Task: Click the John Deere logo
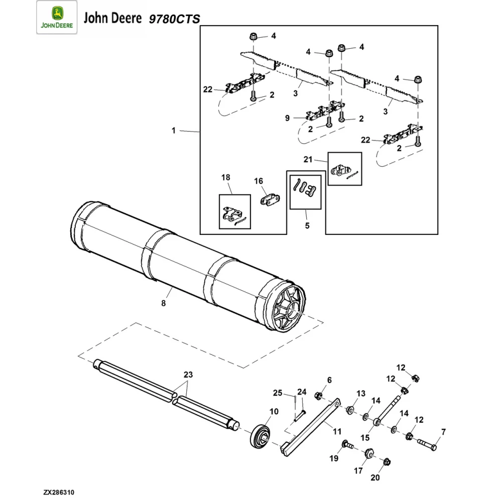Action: pyautogui.click(x=57, y=18)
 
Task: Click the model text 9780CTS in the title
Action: pyautogui.click(x=174, y=19)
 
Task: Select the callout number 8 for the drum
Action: pyautogui.click(x=163, y=303)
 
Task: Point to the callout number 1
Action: pyautogui.click(x=174, y=131)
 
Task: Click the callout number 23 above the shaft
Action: pyautogui.click(x=188, y=374)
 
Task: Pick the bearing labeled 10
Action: pyautogui.click(x=261, y=434)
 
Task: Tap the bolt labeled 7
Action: pyautogui.click(x=426, y=444)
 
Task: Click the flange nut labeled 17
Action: pyautogui.click(x=367, y=453)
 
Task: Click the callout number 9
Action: pyautogui.click(x=287, y=118)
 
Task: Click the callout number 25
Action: pyautogui.click(x=278, y=393)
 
